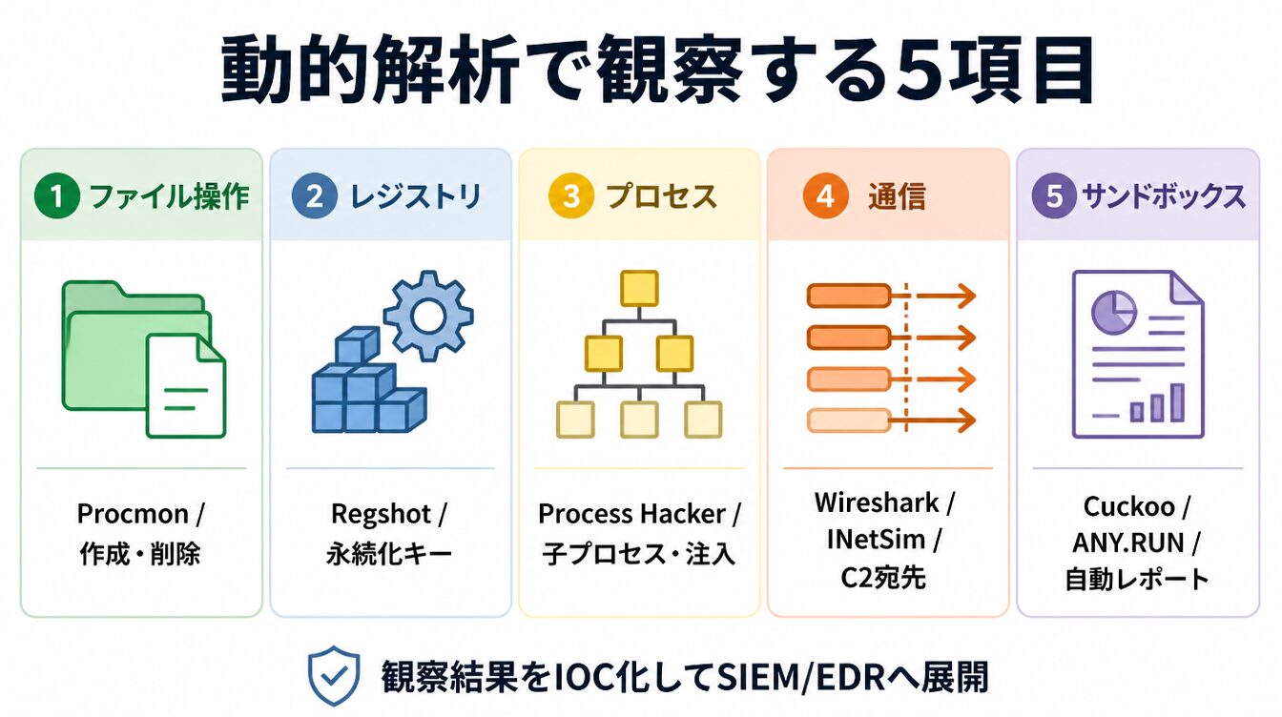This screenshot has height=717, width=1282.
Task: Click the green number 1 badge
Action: tap(56, 195)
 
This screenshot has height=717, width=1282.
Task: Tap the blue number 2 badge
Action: tap(314, 195)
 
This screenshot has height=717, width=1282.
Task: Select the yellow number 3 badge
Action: tap(570, 195)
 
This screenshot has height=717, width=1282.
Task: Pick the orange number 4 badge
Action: tap(825, 195)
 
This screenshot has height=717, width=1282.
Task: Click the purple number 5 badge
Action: tap(1054, 195)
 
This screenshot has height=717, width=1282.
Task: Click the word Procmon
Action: tap(133, 514)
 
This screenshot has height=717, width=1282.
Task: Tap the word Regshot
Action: tap(381, 514)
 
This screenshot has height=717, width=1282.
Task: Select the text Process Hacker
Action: tap(631, 514)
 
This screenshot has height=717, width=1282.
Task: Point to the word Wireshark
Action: tap(877, 503)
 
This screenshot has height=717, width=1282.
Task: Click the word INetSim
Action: tap(876, 540)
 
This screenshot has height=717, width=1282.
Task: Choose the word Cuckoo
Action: tap(1128, 507)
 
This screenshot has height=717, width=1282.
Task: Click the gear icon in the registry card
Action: tap(428, 316)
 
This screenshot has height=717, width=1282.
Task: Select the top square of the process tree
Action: tap(639, 288)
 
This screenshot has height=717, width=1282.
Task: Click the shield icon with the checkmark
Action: tap(334, 676)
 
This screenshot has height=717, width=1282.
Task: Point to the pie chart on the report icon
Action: tap(1113, 311)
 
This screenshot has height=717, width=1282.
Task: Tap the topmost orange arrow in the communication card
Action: tap(946, 296)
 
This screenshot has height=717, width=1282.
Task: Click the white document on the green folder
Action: tap(186, 386)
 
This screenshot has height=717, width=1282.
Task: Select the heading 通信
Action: tap(897, 196)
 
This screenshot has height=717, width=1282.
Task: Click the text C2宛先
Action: tap(882, 578)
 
